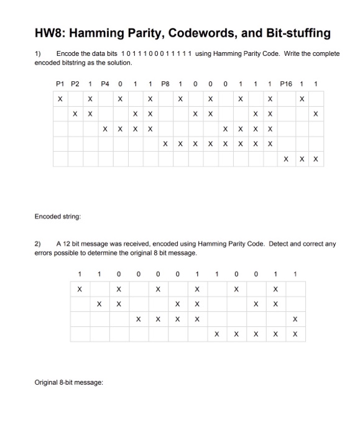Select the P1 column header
[x=60, y=83]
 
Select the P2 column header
[x=75, y=83]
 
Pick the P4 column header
[x=105, y=83]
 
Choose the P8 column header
[x=165, y=83]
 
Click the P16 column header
[x=285, y=83]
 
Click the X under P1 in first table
[x=60, y=99]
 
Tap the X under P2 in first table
[x=75, y=114]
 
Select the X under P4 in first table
[x=105, y=129]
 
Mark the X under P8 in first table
[x=165, y=144]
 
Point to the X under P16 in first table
[x=285, y=158]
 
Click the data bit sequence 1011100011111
[x=157, y=54]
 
